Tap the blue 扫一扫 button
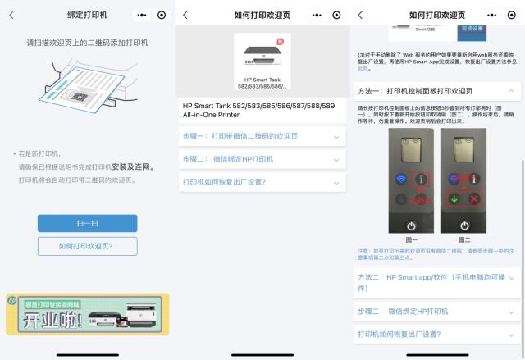[87, 223]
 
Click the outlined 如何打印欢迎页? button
[87, 246]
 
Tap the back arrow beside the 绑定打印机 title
[10, 15]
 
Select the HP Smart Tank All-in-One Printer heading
[259, 112]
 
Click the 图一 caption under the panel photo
[410, 240]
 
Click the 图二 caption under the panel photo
[464, 240]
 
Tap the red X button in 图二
[473, 199]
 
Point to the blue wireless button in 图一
[402, 178]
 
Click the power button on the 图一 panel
[411, 225]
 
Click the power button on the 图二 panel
[464, 225]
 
